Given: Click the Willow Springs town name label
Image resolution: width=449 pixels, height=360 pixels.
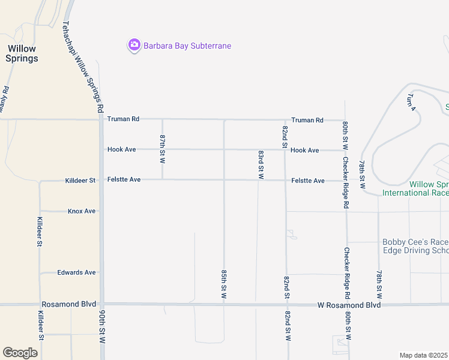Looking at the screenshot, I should [x=22, y=53].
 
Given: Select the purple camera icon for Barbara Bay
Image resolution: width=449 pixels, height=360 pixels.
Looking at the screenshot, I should [x=134, y=46].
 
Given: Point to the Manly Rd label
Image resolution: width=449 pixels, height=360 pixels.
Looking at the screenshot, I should [x=5, y=100].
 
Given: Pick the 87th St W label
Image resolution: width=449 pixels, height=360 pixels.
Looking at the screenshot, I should [x=162, y=149].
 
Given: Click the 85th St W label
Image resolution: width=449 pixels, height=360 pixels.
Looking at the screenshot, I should [x=223, y=284].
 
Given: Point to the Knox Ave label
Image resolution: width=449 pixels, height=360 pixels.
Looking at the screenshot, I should [x=82, y=211].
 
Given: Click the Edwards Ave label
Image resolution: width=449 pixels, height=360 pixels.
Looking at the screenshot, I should [x=76, y=272].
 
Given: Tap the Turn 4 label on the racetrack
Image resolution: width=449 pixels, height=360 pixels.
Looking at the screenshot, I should [x=411, y=102].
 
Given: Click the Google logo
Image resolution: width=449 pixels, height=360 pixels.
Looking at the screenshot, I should [x=20, y=353].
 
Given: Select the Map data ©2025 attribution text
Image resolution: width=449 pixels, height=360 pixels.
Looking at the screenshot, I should [x=424, y=355].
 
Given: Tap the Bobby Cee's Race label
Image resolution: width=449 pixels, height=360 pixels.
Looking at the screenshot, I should [x=415, y=242].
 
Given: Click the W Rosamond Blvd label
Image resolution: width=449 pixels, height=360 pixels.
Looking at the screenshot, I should [x=349, y=305].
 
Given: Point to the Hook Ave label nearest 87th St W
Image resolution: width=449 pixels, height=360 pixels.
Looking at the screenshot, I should [x=122, y=149].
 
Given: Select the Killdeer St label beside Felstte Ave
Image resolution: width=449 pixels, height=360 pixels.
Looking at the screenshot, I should [x=80, y=180].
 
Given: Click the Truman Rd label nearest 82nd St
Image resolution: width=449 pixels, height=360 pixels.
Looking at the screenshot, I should [x=307, y=120].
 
